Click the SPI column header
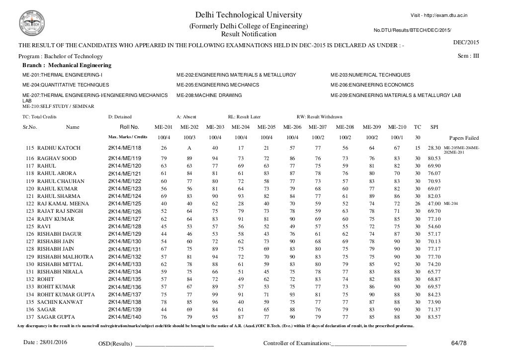point(434,127)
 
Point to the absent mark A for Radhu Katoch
point(189,148)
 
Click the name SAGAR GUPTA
point(56,317)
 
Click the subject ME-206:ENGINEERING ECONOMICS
point(371,85)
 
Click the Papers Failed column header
point(464,138)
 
